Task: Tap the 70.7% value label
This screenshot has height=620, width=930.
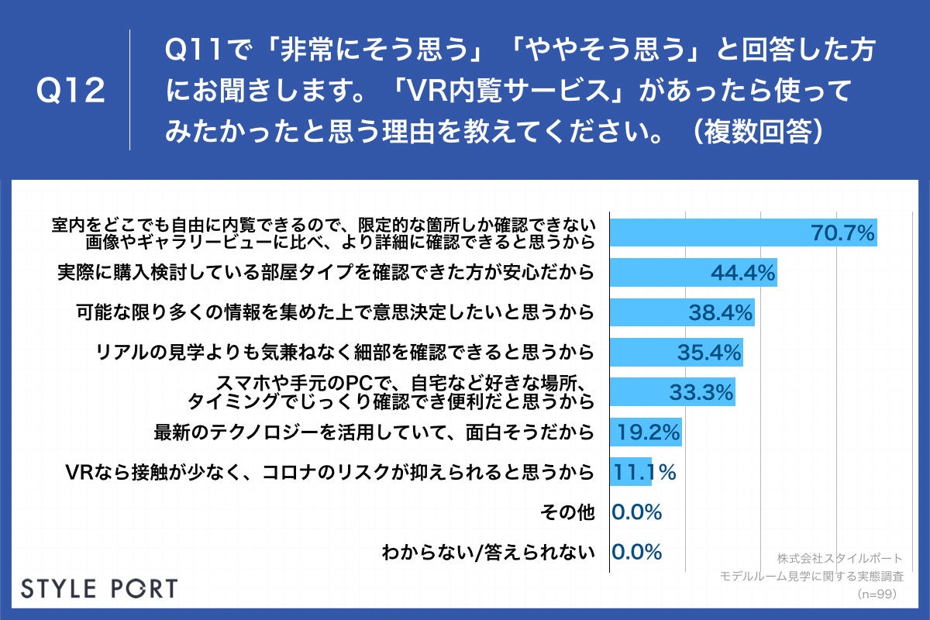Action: point(842,232)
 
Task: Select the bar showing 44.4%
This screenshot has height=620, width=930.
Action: point(694,272)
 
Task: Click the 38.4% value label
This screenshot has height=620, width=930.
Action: point(721,312)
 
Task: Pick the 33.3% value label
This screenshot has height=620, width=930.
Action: point(701,393)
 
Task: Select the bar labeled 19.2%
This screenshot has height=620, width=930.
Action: point(646,432)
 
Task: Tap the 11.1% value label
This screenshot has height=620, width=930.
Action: point(643,471)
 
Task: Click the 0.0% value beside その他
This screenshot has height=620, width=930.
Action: point(636,511)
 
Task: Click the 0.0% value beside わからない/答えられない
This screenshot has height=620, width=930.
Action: point(636,552)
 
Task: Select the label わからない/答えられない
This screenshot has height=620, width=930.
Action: point(488,553)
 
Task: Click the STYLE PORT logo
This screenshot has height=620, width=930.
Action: point(98,587)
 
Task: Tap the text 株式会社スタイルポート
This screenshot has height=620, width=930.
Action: point(839,558)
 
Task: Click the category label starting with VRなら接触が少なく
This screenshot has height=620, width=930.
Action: point(330,472)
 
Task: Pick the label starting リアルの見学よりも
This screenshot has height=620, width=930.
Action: point(345,353)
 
